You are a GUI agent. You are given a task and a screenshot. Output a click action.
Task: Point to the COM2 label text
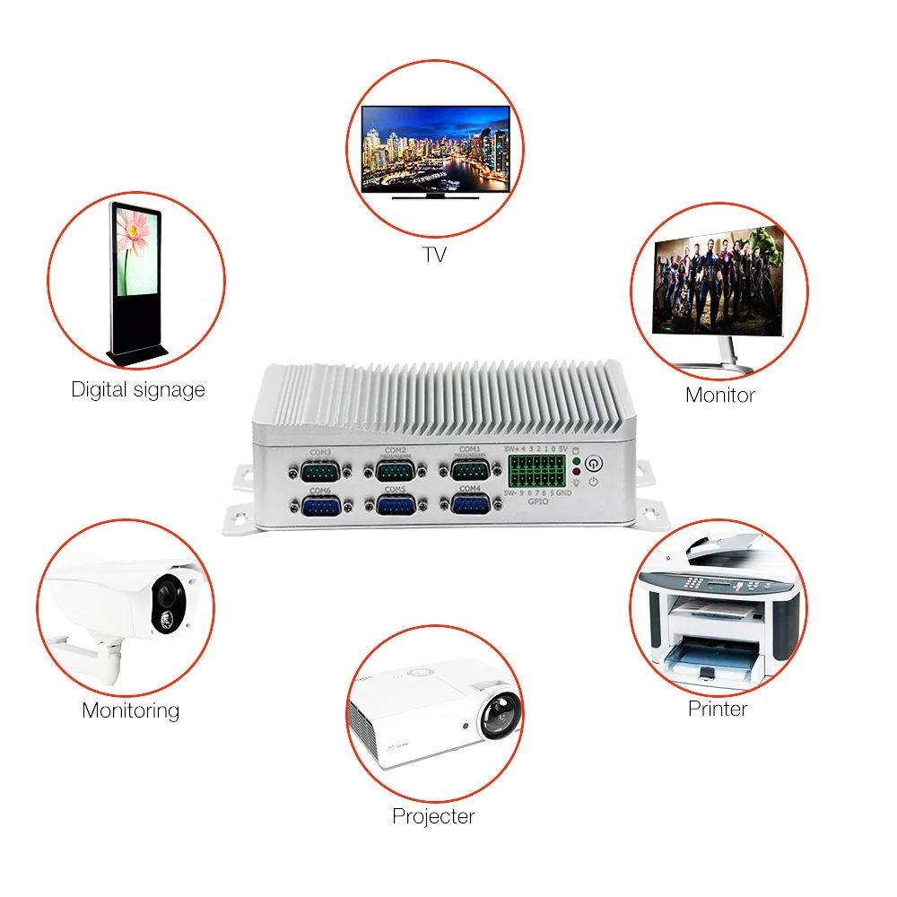(395, 449)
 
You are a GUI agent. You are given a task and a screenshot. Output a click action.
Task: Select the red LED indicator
(576, 472)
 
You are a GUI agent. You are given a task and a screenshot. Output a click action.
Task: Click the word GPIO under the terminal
(538, 503)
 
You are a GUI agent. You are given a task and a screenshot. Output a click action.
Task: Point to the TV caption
(434, 256)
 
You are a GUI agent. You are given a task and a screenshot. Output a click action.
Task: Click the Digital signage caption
(138, 390)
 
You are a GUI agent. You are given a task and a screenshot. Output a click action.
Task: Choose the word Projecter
(433, 816)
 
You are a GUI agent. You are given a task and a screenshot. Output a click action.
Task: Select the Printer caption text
(718, 709)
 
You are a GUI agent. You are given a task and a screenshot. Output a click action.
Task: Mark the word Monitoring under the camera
(131, 710)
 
